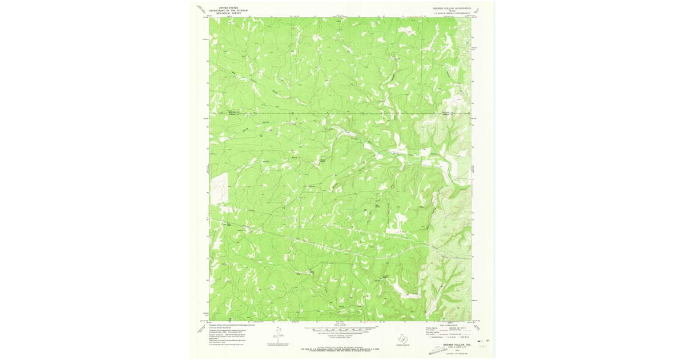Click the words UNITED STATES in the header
[x=220, y=7]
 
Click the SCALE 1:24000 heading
[x=340, y=325]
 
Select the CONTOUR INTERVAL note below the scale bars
[x=340, y=336]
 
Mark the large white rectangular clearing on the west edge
[x=219, y=189]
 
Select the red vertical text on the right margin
[x=474, y=171]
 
